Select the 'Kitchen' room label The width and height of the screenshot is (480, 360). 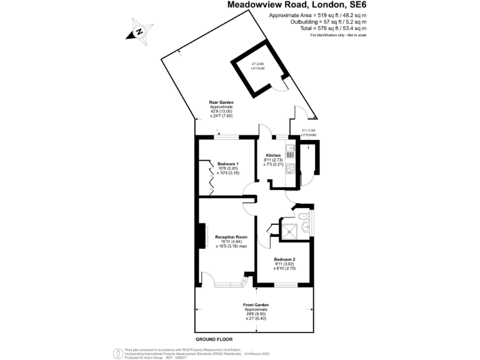(274, 155)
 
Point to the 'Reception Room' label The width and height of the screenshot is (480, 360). (231, 237)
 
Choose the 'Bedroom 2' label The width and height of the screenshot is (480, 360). (284, 259)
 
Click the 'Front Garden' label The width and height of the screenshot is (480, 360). (256, 305)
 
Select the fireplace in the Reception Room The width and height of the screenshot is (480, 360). (202, 237)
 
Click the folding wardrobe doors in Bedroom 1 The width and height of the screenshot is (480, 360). (210, 178)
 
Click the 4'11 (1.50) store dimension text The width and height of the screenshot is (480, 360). (309, 131)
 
